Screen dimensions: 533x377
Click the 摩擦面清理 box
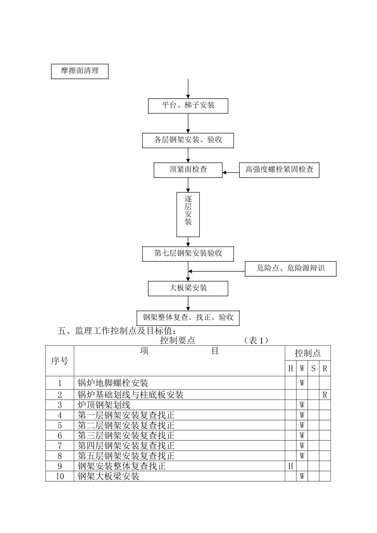(x=80, y=71)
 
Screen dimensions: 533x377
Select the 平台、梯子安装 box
(x=188, y=106)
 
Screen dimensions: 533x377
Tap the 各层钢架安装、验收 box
(x=188, y=140)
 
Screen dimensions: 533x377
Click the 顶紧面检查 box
(x=188, y=170)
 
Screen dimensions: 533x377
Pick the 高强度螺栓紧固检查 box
(x=279, y=170)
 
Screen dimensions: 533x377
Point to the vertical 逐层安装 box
(x=188, y=215)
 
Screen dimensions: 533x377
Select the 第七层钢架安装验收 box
(x=188, y=254)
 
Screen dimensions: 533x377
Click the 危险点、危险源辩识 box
(x=290, y=268)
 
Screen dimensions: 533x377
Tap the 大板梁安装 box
(x=188, y=288)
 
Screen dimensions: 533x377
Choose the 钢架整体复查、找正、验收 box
(x=188, y=318)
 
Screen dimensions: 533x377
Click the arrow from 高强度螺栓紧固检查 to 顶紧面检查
(x=231, y=173)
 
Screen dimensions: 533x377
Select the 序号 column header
(x=60, y=361)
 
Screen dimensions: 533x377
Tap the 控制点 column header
(x=308, y=353)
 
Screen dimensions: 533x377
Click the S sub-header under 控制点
(x=314, y=368)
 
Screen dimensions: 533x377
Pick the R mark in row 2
(x=325, y=395)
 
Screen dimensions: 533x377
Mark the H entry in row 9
(x=290, y=466)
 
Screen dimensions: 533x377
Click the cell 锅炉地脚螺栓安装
(x=113, y=383)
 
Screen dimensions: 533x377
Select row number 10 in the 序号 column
(x=60, y=476)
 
